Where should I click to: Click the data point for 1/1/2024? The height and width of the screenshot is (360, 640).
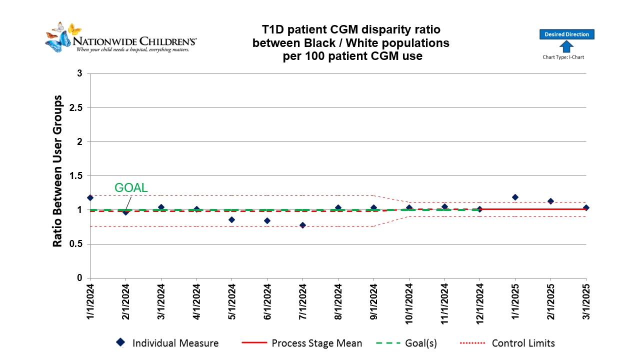point(90,198)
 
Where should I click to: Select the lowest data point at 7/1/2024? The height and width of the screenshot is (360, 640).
point(302,225)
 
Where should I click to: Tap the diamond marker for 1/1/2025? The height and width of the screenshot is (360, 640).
point(515,197)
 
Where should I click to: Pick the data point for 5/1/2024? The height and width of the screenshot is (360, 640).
point(231,219)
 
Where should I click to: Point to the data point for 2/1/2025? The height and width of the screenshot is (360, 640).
point(550,201)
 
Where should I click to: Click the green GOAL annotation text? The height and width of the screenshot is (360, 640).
point(131,188)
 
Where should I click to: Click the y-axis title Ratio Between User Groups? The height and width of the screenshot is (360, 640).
point(58,171)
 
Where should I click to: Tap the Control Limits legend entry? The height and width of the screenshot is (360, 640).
point(523,343)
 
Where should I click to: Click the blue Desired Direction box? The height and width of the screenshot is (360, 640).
point(566,34)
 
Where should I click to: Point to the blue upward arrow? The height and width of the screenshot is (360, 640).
point(566,46)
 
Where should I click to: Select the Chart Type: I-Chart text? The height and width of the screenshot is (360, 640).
point(563,57)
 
